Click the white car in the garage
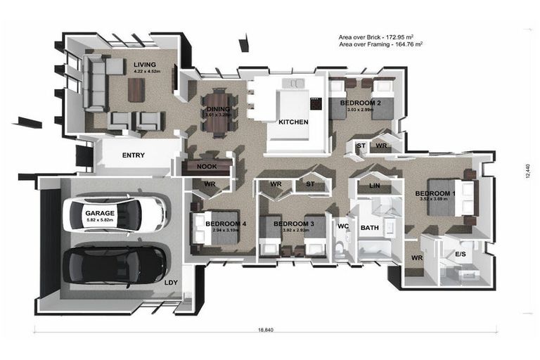tap(116, 214)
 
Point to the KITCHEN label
tap(293, 122)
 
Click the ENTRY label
tap(134, 155)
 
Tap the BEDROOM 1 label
tap(435, 193)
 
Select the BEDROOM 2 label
tap(360, 103)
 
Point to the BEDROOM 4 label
tap(226, 224)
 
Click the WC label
tap(343, 226)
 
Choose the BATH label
tap(369, 228)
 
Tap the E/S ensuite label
tap(461, 254)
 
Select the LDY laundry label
tap(171, 283)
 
